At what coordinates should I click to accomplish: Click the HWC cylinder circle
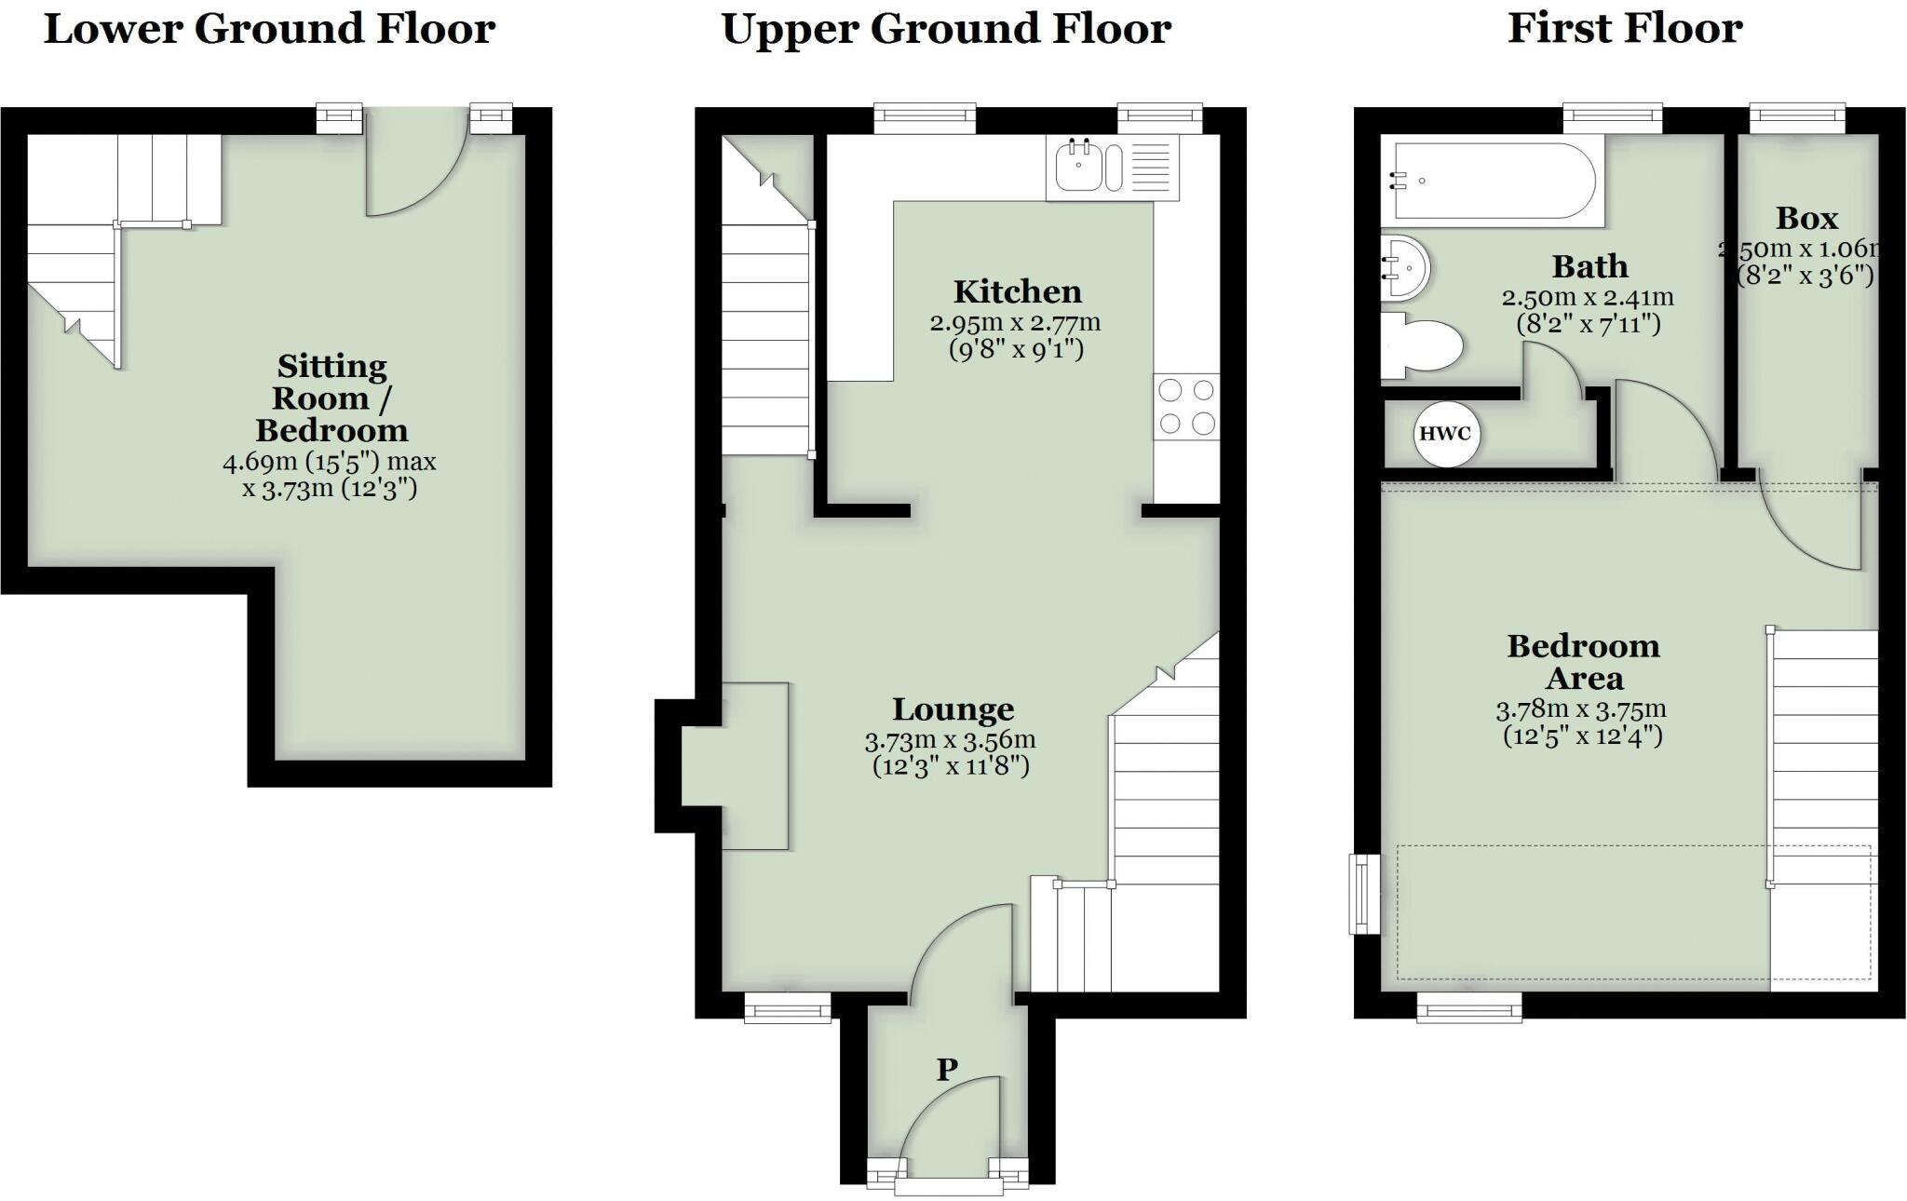click(x=1445, y=434)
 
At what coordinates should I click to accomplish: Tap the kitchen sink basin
click(x=1080, y=168)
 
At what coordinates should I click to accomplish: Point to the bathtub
click(x=1490, y=181)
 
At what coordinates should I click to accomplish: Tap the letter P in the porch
click(x=947, y=1070)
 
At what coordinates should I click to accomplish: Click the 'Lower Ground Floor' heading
click(x=269, y=29)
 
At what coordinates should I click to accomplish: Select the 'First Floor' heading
click(x=1624, y=29)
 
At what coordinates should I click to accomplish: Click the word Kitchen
click(x=1017, y=291)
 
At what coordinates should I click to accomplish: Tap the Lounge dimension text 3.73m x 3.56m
click(x=950, y=741)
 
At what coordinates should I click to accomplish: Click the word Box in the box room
click(x=1806, y=218)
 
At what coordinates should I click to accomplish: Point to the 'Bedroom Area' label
click(x=1583, y=661)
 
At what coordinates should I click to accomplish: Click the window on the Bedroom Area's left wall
click(x=1365, y=893)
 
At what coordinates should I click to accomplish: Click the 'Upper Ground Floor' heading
click(x=946, y=29)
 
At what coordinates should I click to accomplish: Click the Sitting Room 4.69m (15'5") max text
click(x=329, y=462)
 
